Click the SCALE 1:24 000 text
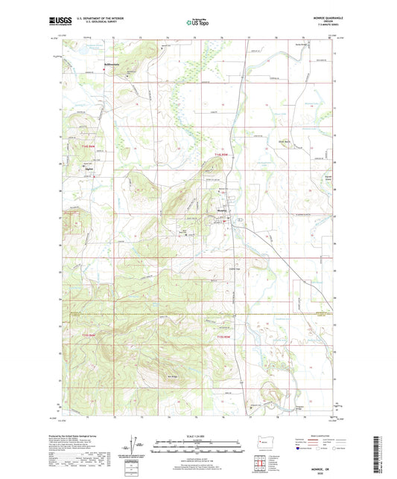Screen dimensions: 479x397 [198, 435]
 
